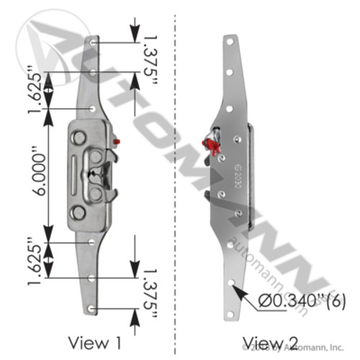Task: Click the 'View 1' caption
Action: click(93, 340)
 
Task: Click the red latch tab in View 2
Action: click(213, 147)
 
